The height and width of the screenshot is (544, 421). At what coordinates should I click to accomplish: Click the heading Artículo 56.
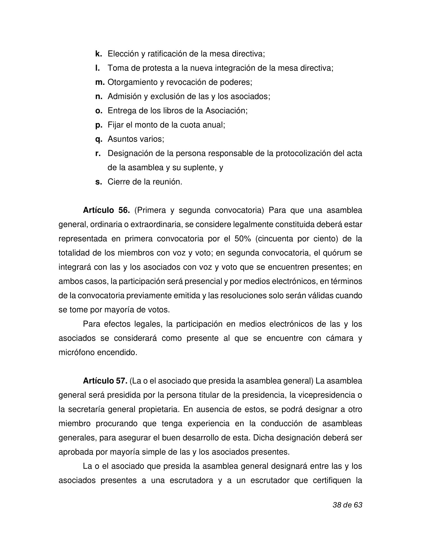tap(106, 210)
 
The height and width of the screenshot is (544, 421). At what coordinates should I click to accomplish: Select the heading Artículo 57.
tap(105, 381)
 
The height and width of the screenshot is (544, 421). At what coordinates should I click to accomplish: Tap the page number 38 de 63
tap(347, 505)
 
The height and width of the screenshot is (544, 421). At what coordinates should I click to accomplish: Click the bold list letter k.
tap(98, 54)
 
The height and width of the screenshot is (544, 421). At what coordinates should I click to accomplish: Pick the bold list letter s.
tap(98, 182)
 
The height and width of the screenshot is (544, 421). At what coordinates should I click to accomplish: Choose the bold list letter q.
tap(99, 139)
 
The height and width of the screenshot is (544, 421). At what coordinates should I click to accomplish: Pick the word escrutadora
tap(191, 481)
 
